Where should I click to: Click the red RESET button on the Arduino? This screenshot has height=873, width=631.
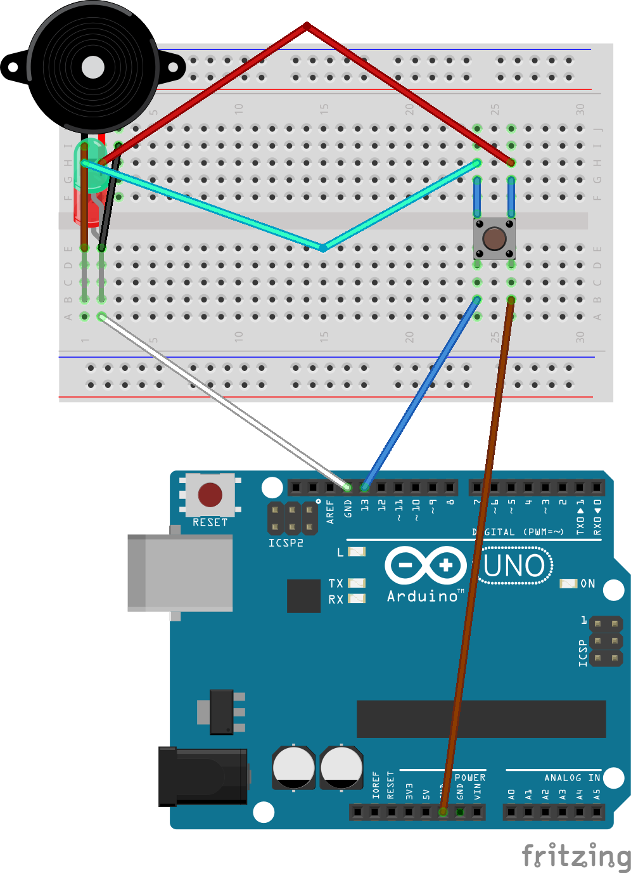[210, 495]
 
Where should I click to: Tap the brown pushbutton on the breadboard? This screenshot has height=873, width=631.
[494, 238]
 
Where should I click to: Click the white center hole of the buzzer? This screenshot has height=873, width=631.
[93, 67]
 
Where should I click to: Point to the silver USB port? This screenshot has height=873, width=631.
[180, 572]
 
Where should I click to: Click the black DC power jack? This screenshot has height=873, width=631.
[203, 777]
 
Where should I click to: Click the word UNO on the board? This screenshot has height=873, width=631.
[514, 566]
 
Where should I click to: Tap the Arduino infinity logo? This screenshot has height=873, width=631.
[426, 565]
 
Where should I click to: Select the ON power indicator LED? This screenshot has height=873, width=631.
[568, 583]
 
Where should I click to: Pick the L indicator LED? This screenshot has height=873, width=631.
[357, 552]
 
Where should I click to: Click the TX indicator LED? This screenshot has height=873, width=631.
[357, 583]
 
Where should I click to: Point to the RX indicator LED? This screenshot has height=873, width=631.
[357, 598]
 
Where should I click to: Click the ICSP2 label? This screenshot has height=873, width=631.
[286, 543]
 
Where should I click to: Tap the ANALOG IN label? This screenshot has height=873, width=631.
[571, 777]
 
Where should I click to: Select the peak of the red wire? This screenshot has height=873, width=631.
[307, 26]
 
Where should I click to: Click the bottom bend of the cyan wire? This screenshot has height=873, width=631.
[323, 248]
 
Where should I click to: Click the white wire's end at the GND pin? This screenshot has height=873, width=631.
[347, 487]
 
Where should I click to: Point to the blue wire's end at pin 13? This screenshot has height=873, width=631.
[365, 487]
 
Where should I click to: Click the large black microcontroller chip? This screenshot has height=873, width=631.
[481, 719]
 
